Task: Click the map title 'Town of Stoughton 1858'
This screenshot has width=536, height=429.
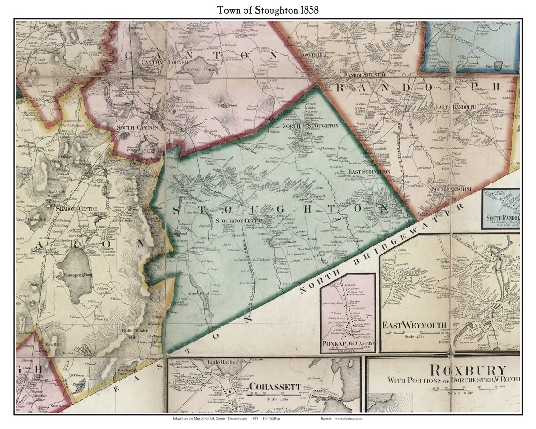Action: (268, 9)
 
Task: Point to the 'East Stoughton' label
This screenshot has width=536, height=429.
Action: (369, 172)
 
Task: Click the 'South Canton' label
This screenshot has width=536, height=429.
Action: (134, 127)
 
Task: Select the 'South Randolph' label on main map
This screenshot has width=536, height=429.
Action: (445, 189)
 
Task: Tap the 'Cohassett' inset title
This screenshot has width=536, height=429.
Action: (275, 387)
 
